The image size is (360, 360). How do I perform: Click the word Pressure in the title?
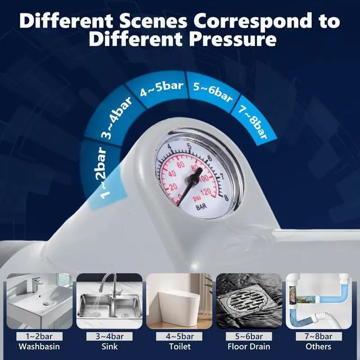tap(232, 39)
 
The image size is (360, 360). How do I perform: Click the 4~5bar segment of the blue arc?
tap(162, 89)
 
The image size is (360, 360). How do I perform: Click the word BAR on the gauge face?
tap(201, 206)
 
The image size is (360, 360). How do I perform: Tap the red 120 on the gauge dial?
tap(206, 192)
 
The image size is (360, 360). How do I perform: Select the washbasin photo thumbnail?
tap(39, 301)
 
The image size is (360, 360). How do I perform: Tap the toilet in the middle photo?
tap(179, 307)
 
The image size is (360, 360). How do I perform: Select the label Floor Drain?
tap(249, 346)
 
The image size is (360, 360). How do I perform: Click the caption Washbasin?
tap(39, 346)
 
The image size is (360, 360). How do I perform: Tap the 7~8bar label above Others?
tap(319, 336)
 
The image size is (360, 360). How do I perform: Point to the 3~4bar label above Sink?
tap(110, 336)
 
